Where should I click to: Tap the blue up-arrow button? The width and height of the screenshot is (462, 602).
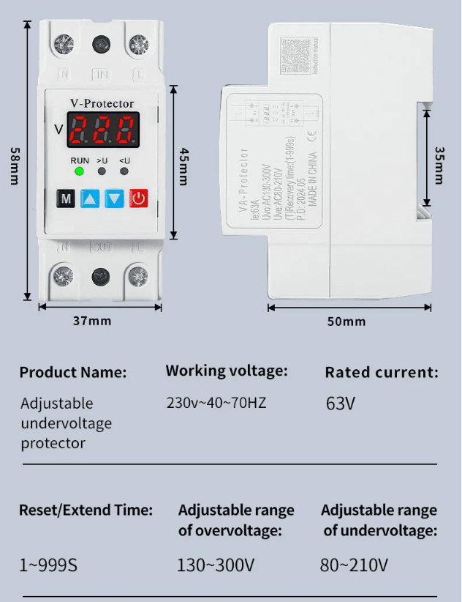coord(89,198)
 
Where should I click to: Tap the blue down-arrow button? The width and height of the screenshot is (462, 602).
coord(114,198)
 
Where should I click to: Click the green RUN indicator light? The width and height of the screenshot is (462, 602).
coord(79,171)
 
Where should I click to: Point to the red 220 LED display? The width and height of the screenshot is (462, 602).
coord(103,130)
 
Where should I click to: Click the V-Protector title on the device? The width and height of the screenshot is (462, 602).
coord(102,104)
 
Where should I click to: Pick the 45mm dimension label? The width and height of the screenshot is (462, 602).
coord(184,166)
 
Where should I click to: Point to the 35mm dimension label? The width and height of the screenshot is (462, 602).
coord(439,166)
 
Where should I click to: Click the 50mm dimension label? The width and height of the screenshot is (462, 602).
coord(346,322)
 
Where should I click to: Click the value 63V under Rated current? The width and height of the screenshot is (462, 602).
coord(340,404)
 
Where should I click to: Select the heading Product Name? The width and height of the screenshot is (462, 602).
coord(72,372)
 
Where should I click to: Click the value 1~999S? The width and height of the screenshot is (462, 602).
coord(48,565)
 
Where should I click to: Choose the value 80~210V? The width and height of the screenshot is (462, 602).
coord(354,565)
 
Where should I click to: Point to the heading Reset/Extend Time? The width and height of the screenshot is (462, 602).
coord(86,510)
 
